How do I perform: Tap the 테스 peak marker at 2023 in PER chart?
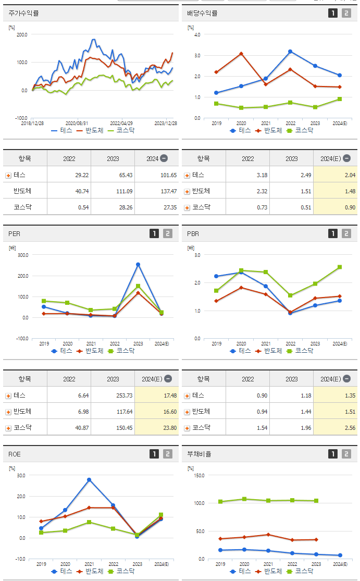click(x=138, y=265)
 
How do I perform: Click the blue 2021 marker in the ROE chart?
click(x=89, y=479)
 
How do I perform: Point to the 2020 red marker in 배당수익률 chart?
click(x=241, y=54)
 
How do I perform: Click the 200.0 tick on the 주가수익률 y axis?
click(x=22, y=34)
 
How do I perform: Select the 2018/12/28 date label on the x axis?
click(x=32, y=123)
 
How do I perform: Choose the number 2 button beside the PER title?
click(x=167, y=234)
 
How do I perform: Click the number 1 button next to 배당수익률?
click(x=333, y=13)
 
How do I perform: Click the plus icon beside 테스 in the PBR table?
click(x=187, y=396)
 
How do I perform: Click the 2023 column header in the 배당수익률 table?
click(x=291, y=158)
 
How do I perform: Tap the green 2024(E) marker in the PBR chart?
click(x=340, y=267)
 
